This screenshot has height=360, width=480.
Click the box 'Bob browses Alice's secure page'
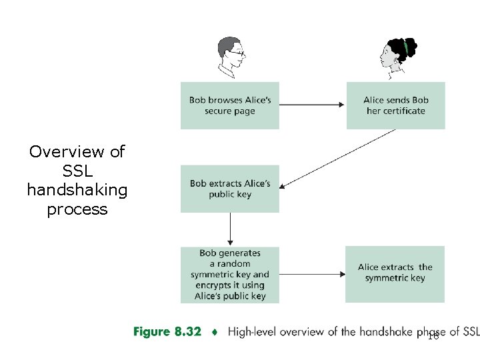[x=230, y=105]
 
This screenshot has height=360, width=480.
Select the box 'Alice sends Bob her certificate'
[x=395, y=105]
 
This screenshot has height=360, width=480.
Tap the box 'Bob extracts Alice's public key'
[x=230, y=189]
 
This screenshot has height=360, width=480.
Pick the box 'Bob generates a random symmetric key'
[x=230, y=275]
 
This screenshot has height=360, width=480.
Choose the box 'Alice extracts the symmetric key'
[x=395, y=273]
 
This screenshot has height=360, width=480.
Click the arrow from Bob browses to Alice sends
[x=312, y=105]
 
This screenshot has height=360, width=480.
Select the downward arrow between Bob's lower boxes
[x=230, y=229]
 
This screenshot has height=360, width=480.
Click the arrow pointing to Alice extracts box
[x=312, y=274]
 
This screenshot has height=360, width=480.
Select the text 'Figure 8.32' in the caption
[x=167, y=332]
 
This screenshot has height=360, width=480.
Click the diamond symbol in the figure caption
[x=214, y=332]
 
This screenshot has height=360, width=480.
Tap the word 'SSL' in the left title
[x=77, y=171]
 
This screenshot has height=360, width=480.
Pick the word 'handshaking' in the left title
[x=77, y=190]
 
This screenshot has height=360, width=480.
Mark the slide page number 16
[x=433, y=337]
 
